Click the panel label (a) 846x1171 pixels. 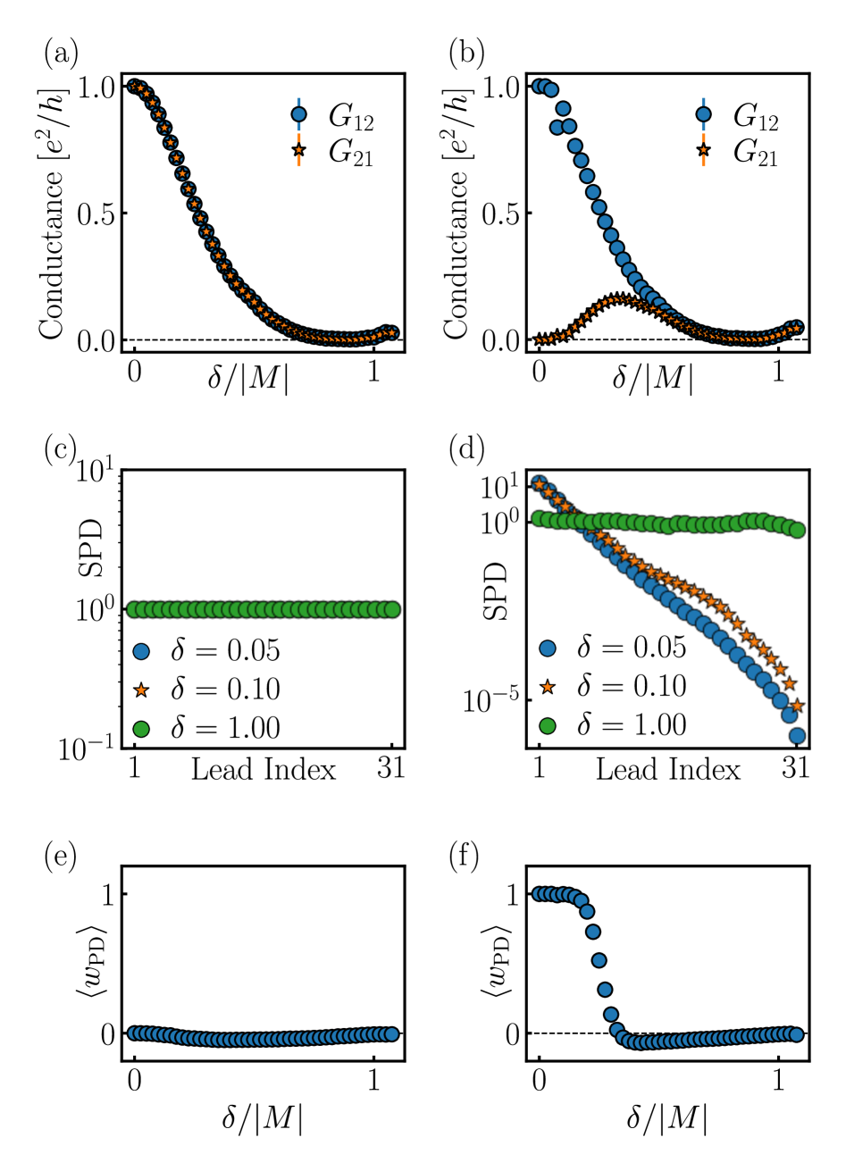(61, 54)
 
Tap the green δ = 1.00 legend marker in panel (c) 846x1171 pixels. (141, 728)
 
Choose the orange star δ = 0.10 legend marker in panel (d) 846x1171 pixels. (547, 686)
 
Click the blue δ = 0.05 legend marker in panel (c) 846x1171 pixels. (141, 650)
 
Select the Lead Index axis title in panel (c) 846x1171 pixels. (264, 769)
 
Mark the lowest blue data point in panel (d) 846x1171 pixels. (797, 736)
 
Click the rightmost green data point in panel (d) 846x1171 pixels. (797, 530)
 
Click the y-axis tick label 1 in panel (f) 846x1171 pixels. (512, 894)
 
